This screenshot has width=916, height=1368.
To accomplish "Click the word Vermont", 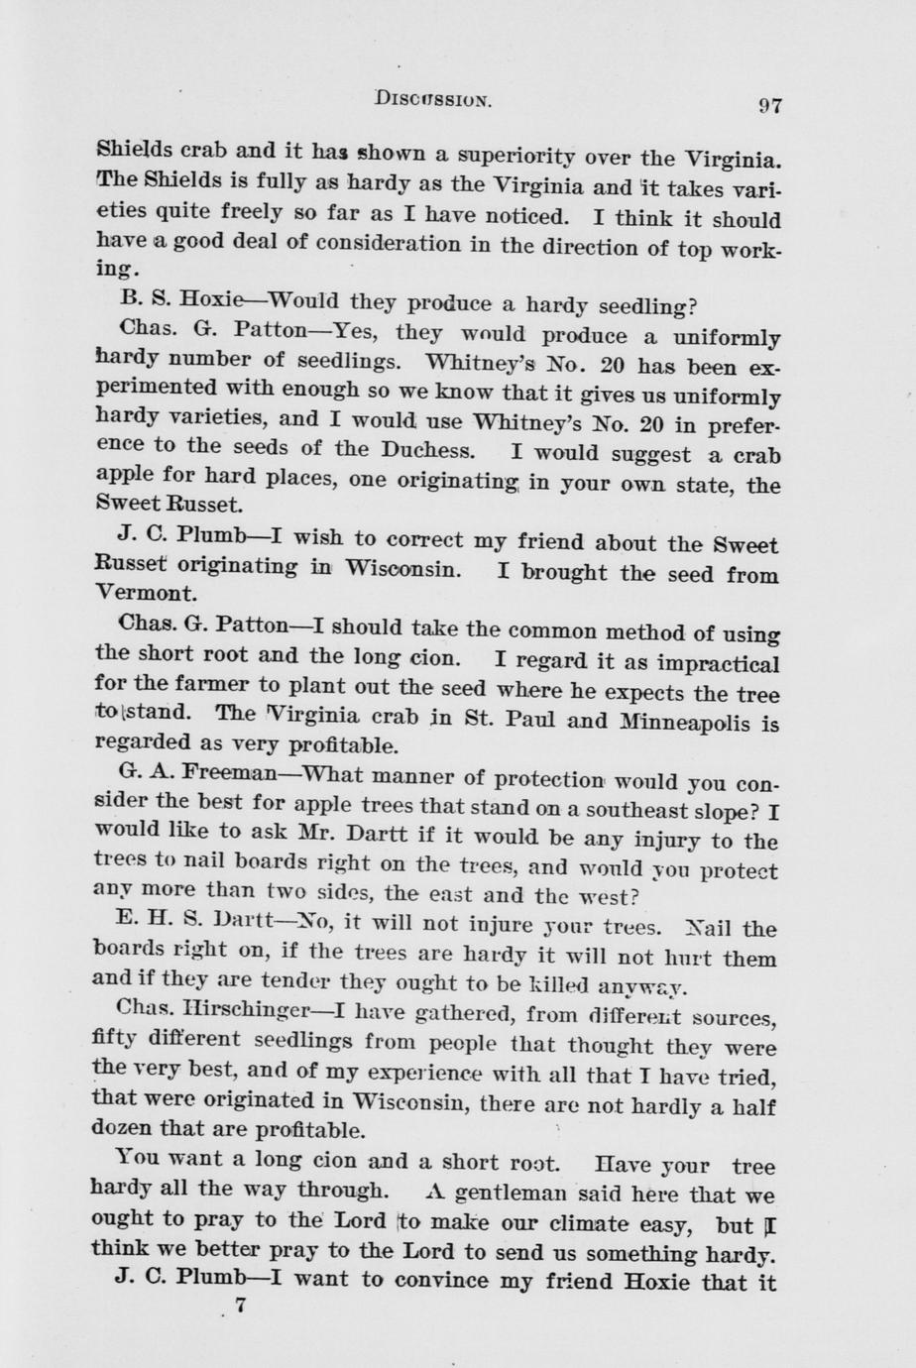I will [x=147, y=595].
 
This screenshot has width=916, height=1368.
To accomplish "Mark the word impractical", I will [x=706, y=662].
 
